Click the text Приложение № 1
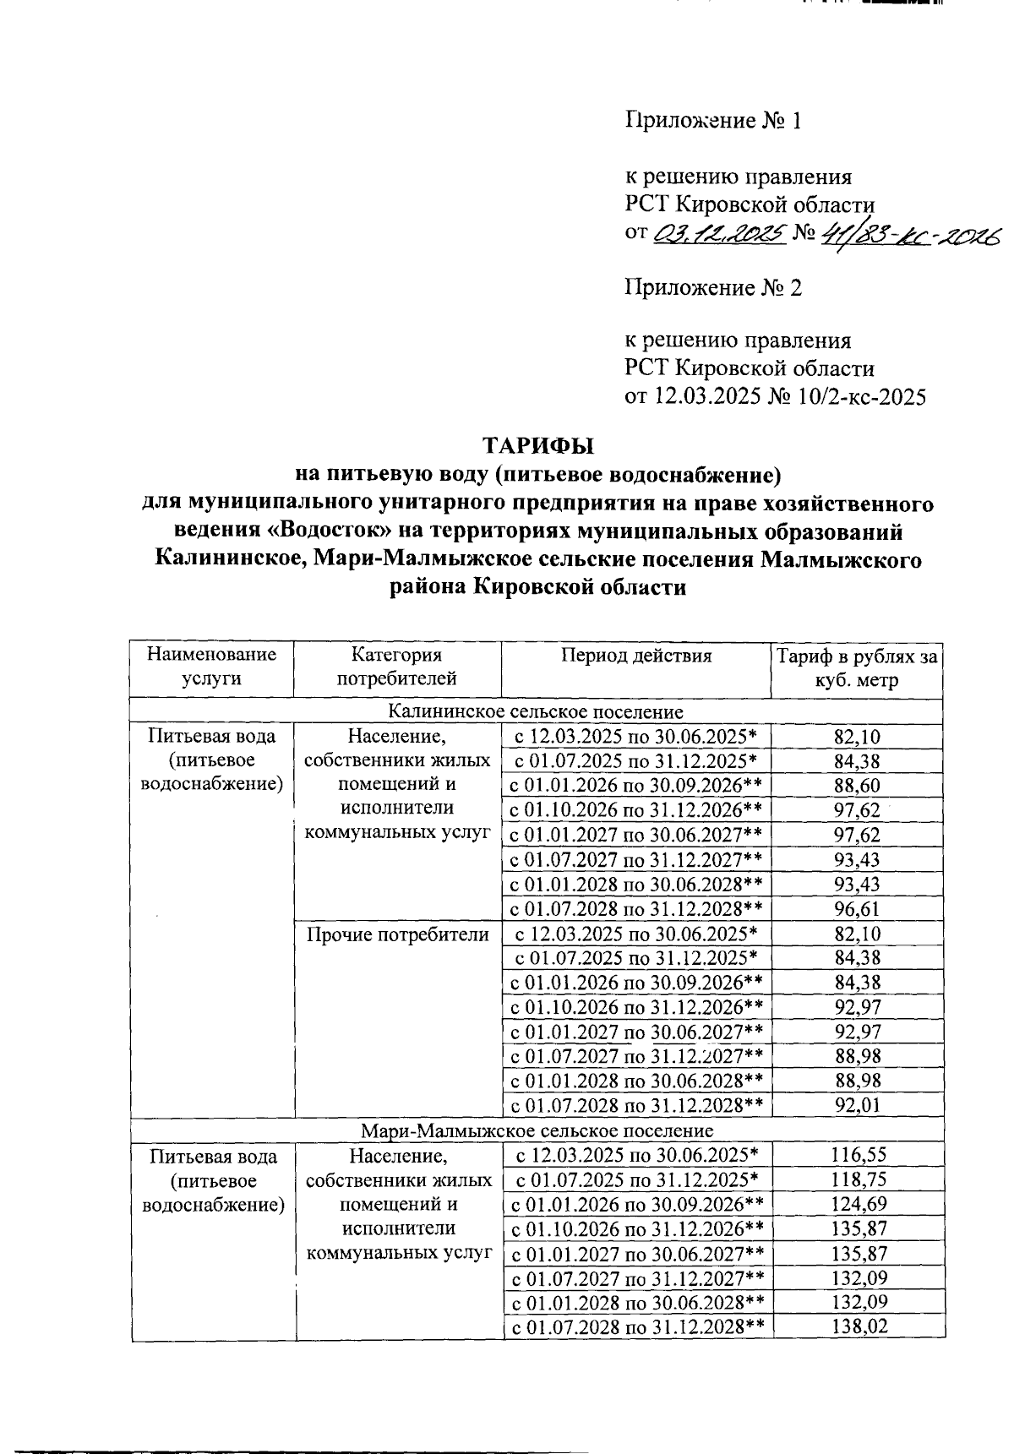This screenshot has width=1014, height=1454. [x=712, y=122]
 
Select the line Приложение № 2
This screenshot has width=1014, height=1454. [x=712, y=288]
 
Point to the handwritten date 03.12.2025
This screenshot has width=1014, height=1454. [x=719, y=232]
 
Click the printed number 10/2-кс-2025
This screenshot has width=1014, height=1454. [x=858, y=396]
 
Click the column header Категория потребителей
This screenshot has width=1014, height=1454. [x=397, y=667]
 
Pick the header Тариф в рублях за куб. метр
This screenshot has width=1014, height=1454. [x=857, y=667]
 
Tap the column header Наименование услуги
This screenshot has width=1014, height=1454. [x=211, y=667]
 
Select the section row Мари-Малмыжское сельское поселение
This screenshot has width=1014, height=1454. [x=537, y=1130]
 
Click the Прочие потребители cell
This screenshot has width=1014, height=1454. [x=397, y=934]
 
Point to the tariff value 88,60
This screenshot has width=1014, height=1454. [x=857, y=786]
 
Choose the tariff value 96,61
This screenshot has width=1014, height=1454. [x=857, y=909]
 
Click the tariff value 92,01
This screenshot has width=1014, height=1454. [x=857, y=1106]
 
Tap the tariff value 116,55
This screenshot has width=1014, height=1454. [x=857, y=1155]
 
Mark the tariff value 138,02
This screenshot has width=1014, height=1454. [x=857, y=1327]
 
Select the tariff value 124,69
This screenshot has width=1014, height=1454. [x=857, y=1204]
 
